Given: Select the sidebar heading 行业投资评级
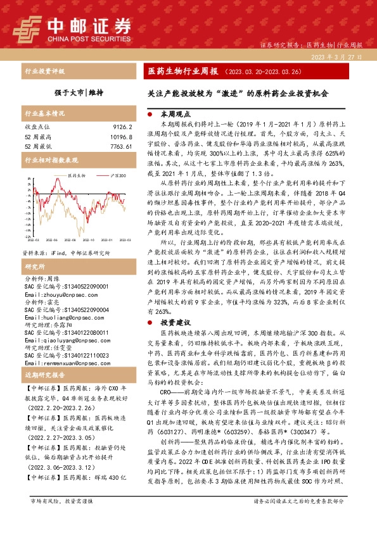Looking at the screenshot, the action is click(x=44, y=72).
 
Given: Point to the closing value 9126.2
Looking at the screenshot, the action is click(x=120, y=127).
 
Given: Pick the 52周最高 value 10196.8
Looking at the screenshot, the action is click(x=119, y=137).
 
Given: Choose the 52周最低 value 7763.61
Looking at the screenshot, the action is click(x=119, y=146).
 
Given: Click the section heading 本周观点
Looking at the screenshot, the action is click(x=176, y=116).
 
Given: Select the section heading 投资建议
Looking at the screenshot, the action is click(x=176, y=323).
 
